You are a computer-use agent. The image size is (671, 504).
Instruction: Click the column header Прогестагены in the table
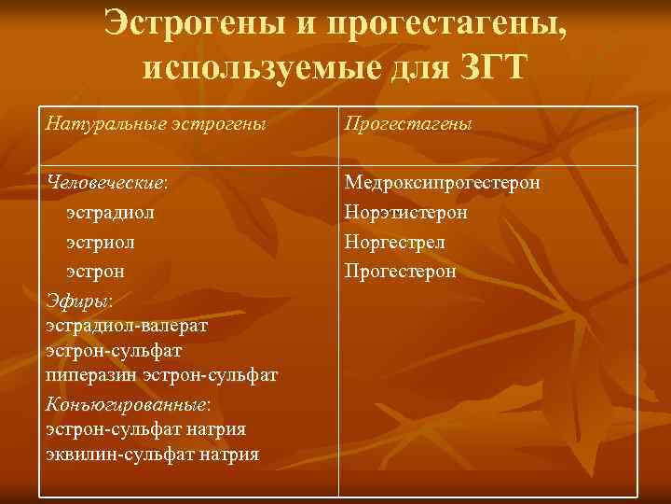coord(408,124)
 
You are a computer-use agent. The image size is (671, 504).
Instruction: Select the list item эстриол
coord(101,242)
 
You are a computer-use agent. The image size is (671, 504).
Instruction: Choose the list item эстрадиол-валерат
coord(127,327)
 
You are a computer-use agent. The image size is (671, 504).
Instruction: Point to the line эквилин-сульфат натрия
coord(152,455)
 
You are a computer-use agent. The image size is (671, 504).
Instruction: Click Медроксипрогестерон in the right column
coord(442,183)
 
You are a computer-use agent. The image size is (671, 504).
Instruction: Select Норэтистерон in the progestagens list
coord(405,213)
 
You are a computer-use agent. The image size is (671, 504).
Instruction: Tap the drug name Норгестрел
coord(394,243)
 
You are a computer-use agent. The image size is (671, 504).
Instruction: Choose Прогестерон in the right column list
coord(401,272)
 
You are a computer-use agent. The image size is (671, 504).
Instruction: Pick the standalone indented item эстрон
coord(96,272)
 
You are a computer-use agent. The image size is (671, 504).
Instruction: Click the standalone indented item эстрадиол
coord(111,213)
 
